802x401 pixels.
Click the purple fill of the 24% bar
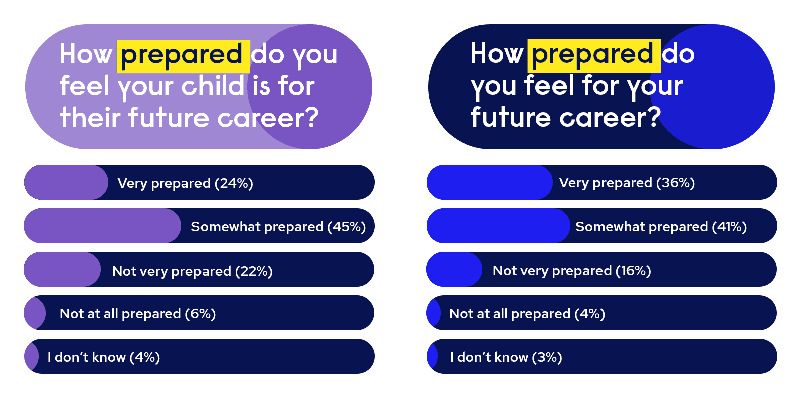pos(66,182)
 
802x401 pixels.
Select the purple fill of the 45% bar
pos(102,226)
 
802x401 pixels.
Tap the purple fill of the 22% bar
pos(62,269)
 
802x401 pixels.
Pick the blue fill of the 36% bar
pos(489,182)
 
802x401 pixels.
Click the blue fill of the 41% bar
pos(498,226)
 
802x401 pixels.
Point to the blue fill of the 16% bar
pos(454,269)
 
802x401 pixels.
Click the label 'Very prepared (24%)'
pos(185,183)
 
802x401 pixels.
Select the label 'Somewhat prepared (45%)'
pos(279,227)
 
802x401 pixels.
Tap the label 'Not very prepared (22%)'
pos(192,271)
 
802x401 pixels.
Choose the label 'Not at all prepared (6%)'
pos(137,314)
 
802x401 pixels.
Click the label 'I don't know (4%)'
pos(103,357)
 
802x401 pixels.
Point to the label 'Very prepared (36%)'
pos(627,183)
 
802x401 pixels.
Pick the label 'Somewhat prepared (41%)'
pos(661,227)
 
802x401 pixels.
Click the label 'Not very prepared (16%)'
pos(572,271)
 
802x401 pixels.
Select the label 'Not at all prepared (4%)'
pos(527,314)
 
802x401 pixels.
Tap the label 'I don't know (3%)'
pos(506,357)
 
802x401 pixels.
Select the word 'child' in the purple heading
pos(213,86)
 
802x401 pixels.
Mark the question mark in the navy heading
pos(652,116)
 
